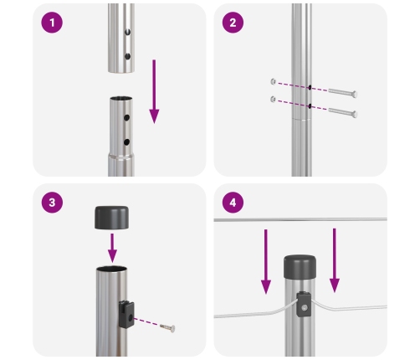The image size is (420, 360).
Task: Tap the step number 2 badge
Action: (233, 23)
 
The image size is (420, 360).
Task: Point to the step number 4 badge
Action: (233, 203)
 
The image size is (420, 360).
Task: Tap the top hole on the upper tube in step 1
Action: (127, 37)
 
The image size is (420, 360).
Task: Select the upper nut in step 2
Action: (274, 81)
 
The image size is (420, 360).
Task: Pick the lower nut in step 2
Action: (274, 100)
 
